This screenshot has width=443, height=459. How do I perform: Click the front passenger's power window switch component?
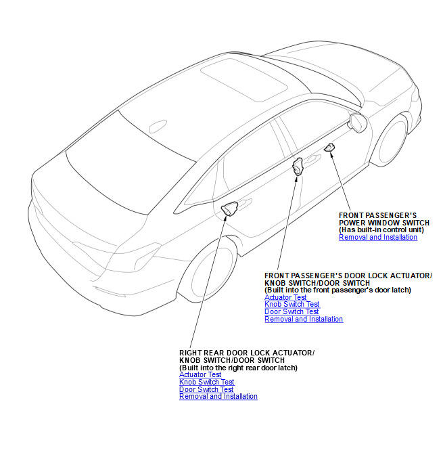(x=330, y=148)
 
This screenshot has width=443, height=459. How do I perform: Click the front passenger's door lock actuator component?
(x=297, y=166)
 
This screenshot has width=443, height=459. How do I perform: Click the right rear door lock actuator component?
(x=229, y=209)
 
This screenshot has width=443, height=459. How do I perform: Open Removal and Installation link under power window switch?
(x=378, y=237)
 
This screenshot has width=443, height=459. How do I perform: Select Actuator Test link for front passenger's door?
(x=285, y=297)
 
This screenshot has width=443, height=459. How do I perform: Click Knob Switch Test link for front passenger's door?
(x=292, y=305)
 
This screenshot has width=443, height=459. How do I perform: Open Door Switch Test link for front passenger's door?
(x=292, y=312)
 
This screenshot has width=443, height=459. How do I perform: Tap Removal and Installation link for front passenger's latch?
(x=304, y=320)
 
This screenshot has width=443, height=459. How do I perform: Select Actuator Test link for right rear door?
(x=200, y=375)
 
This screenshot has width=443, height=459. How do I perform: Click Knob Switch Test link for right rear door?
(x=207, y=383)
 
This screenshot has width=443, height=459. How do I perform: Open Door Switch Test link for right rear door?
(x=206, y=389)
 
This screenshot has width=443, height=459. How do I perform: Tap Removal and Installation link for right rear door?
(x=218, y=397)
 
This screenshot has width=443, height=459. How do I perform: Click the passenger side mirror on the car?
(x=357, y=123)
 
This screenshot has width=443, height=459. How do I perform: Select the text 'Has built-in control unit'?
(x=381, y=230)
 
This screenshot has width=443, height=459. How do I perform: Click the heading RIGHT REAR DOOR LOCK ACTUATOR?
(x=246, y=353)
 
